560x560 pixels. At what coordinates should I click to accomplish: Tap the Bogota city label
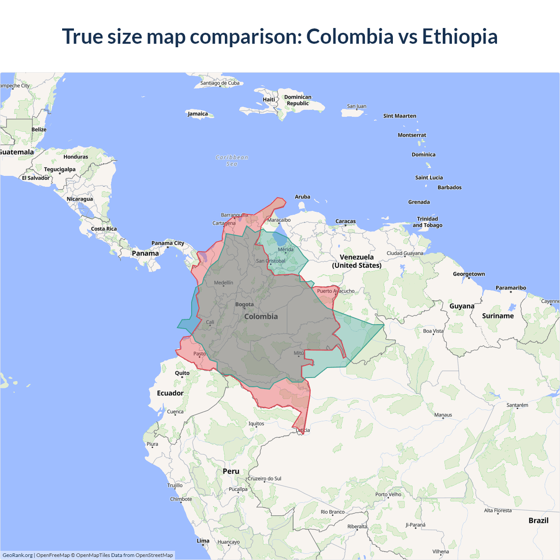click(x=245, y=304)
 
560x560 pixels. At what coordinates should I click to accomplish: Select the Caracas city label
click(x=346, y=221)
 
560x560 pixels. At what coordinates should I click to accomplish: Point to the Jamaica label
click(x=198, y=114)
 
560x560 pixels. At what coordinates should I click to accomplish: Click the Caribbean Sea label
click(x=232, y=161)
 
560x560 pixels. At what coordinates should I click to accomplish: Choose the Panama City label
click(x=168, y=243)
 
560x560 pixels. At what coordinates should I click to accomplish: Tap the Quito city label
click(x=182, y=373)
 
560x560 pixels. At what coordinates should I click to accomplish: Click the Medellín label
click(x=224, y=283)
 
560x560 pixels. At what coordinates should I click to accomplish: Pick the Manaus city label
click(x=443, y=415)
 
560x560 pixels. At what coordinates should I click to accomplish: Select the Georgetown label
click(x=469, y=274)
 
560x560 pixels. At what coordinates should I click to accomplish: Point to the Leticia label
click(x=303, y=430)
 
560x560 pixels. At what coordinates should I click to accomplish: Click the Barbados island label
click(x=449, y=187)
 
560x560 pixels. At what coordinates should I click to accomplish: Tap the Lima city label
click(x=203, y=541)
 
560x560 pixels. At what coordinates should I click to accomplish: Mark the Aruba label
click(x=302, y=197)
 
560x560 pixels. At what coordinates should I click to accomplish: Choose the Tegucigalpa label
click(x=59, y=169)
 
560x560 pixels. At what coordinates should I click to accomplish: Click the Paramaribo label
click(x=511, y=288)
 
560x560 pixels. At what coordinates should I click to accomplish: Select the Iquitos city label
click(x=256, y=423)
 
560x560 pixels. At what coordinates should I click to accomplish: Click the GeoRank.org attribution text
click(x=17, y=555)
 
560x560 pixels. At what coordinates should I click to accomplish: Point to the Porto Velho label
click(x=388, y=494)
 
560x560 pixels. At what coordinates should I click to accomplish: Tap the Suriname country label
click(x=498, y=316)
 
